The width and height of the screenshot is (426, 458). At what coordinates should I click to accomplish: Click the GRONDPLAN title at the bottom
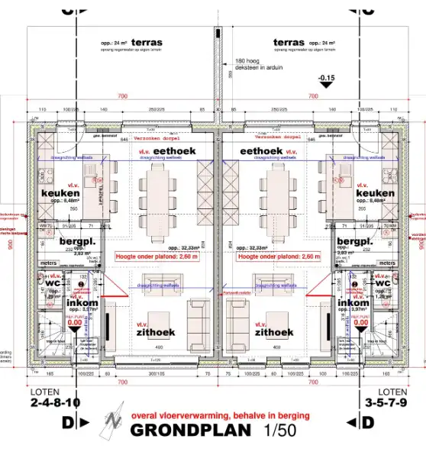pyautogui.click(x=190, y=430)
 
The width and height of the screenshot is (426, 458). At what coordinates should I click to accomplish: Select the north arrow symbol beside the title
pyautogui.click(x=113, y=422)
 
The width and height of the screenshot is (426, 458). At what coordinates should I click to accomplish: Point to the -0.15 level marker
pyautogui.click(x=327, y=79)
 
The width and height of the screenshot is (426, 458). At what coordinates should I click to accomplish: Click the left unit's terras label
pyautogui.click(x=146, y=43)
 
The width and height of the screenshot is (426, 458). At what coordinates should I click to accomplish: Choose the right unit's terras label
pyautogui.click(x=288, y=43)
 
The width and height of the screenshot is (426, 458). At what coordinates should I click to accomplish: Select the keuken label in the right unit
pyautogui.click(x=375, y=194)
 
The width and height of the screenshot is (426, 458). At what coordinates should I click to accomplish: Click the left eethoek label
pyautogui.click(x=174, y=152)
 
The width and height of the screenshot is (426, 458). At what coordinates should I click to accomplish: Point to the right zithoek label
pyautogui.click(x=274, y=333)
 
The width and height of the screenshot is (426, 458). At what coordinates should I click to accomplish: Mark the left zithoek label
pyautogui.click(x=156, y=333)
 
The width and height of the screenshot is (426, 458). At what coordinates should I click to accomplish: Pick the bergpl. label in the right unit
pyautogui.click(x=354, y=241)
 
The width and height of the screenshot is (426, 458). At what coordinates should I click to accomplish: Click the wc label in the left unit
pyautogui.click(x=53, y=282)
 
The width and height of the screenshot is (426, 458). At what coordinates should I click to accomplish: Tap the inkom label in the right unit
pyautogui.click(x=353, y=303)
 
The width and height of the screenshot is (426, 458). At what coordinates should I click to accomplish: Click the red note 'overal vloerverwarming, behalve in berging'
pyautogui.click(x=221, y=416)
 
